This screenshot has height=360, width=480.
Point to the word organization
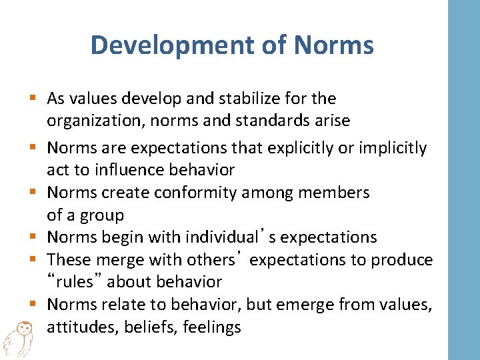point(92,121)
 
